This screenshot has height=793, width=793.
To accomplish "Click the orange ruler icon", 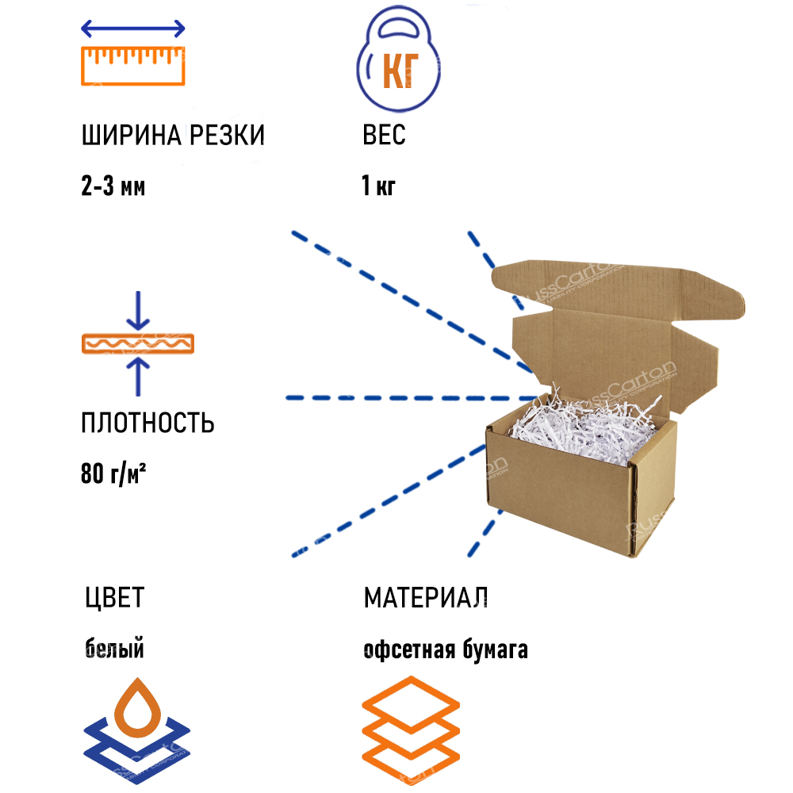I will click(133, 65).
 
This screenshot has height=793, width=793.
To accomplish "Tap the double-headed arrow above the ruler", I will click(133, 29).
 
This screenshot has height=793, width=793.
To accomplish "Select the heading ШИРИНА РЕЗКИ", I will click(173, 136).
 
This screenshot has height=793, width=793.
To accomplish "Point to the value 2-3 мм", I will click(113, 187).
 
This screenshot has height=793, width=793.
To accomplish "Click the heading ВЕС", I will click(384, 136).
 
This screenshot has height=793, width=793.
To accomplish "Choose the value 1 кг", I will click(378, 187).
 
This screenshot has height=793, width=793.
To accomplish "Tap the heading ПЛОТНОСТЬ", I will click(147, 423).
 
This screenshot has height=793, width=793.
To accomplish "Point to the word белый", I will click(114, 650).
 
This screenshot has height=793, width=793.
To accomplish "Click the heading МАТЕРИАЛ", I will click(426, 597).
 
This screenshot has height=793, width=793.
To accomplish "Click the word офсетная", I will click(407, 650).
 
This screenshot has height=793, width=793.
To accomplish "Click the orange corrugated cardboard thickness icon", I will click(139, 343).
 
